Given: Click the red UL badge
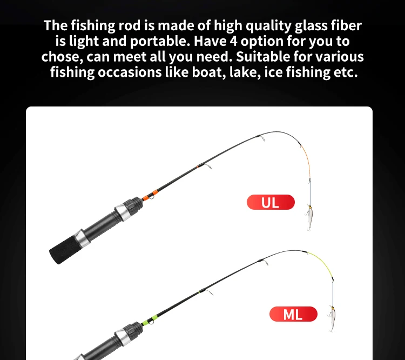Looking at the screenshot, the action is (x=271, y=202).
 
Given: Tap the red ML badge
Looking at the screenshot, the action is (x=293, y=314).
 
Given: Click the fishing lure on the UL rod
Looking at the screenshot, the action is (x=309, y=217).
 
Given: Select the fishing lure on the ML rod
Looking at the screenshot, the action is (x=332, y=318).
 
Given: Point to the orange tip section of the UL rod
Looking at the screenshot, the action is (x=307, y=159).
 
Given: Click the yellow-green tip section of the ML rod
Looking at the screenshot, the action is (x=323, y=263).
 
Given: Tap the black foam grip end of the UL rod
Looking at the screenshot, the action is (x=63, y=250).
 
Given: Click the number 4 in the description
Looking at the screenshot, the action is (x=233, y=41).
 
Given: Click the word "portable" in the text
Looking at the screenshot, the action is (x=160, y=42).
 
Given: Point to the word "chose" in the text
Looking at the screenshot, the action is (x=62, y=57).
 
